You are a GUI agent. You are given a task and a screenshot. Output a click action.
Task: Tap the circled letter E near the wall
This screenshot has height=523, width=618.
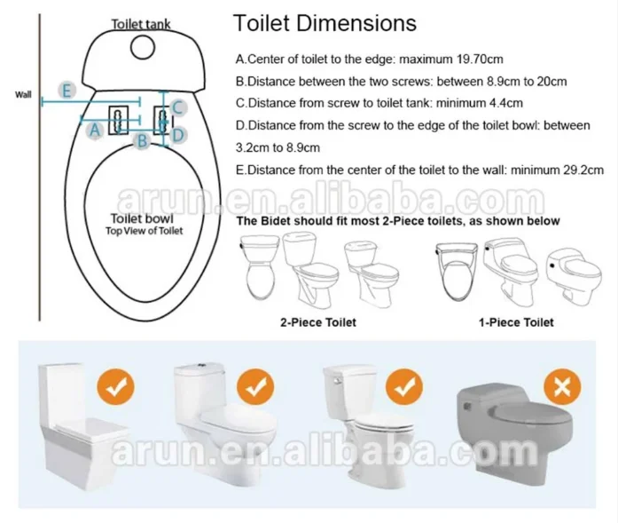point(65,89)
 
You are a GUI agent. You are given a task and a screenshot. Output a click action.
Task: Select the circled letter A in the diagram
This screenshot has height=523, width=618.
point(93,130)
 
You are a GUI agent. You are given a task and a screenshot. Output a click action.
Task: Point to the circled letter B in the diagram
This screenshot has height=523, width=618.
point(139,139)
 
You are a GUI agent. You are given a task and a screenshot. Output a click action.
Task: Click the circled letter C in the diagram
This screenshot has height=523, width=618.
point(177,107)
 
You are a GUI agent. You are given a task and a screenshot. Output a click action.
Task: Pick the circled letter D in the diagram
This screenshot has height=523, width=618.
point(177,135)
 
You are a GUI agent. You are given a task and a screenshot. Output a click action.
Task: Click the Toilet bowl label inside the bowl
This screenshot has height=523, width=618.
point(142,218)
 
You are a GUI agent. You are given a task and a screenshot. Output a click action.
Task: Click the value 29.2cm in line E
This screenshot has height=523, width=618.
point(581,169)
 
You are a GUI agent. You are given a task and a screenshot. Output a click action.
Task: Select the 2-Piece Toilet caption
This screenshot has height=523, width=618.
point(318,321)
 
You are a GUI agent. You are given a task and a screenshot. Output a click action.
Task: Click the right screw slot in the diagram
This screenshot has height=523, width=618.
point(162,119)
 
